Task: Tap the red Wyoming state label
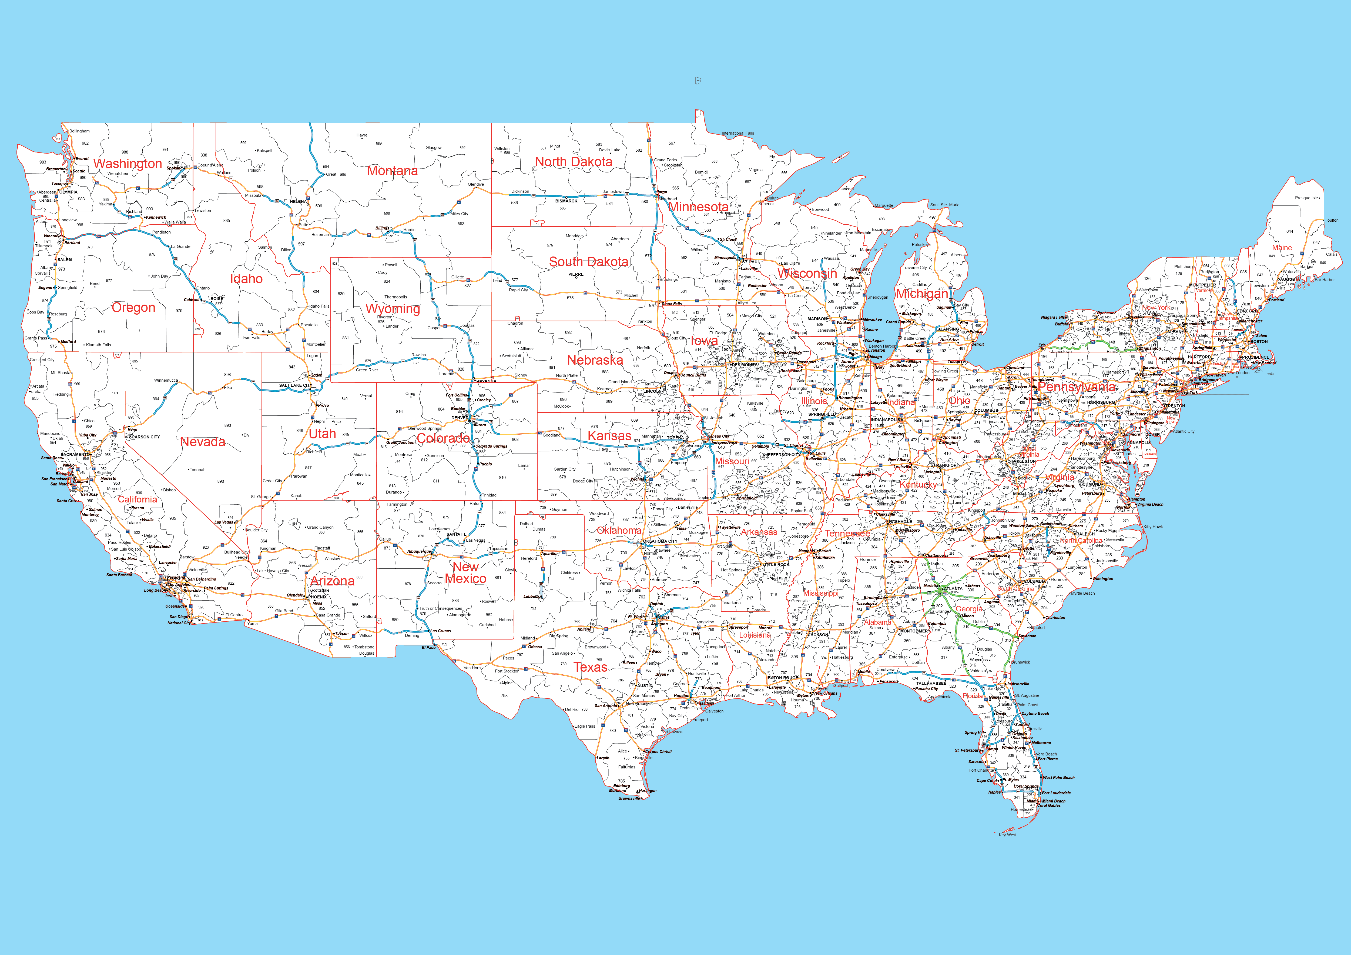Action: pyautogui.click(x=393, y=308)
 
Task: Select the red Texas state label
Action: pyautogui.click(x=590, y=667)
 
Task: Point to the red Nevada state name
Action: pyautogui.click(x=202, y=441)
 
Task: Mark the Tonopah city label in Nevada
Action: pyautogui.click(x=197, y=470)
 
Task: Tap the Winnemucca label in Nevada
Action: pyautogui.click(x=166, y=380)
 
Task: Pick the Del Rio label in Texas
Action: pyautogui.click(x=571, y=709)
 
